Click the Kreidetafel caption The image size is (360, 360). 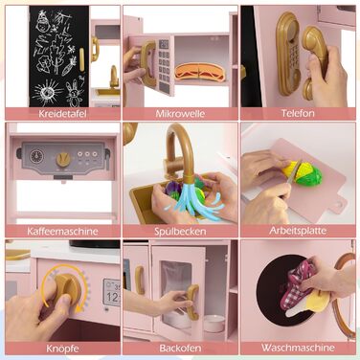62,114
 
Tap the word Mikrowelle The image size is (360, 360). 180,114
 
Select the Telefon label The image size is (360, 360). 298,113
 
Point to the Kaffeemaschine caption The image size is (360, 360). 62,231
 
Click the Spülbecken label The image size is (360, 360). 180,232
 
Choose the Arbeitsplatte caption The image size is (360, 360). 298,231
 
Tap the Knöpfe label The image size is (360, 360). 62,349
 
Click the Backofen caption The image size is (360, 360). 180,348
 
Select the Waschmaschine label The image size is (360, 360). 298,348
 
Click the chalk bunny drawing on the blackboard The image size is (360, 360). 72,93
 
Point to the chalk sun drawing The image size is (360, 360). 48,93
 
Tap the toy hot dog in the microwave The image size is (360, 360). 200,72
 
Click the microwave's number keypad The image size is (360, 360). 164,65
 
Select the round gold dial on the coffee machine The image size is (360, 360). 63,159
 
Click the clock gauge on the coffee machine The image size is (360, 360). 35,156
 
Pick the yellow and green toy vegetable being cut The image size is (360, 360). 302,172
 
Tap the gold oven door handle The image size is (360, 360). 192,302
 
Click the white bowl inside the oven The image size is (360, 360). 214,323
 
